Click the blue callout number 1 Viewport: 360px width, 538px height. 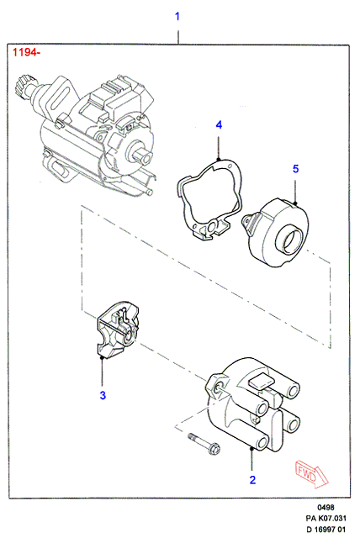[x=177, y=16]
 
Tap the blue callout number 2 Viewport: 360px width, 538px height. [x=252, y=480]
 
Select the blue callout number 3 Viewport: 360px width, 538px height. [x=103, y=395]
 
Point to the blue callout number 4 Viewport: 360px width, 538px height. [x=219, y=125]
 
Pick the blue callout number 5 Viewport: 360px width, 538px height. [x=295, y=169]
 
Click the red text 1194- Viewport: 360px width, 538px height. [x=26, y=52]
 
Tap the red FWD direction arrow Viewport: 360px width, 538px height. [x=311, y=474]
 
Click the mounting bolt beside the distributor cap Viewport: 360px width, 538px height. [x=204, y=444]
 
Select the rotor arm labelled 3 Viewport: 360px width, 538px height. [x=118, y=330]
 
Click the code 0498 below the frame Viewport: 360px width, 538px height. [x=326, y=508]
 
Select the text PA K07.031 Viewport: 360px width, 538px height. [x=326, y=518]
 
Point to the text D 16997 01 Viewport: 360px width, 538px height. [x=326, y=529]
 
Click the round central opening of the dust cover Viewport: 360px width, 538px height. [x=293, y=243]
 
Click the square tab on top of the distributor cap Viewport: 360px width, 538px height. [x=262, y=381]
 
